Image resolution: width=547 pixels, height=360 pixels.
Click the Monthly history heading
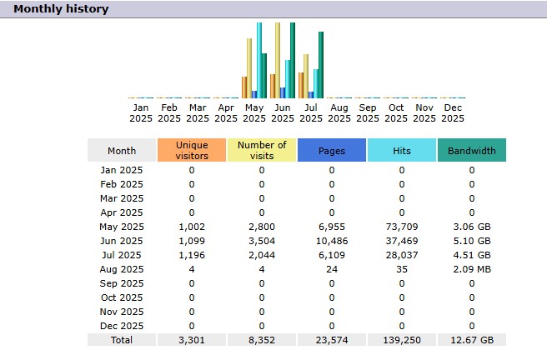pyautogui.click(x=60, y=9)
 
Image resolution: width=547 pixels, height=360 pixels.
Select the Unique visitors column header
pyautogui.click(x=192, y=150)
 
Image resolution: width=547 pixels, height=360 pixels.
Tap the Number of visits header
pyautogui.click(x=262, y=150)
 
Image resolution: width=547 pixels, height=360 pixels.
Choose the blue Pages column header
pyautogui.click(x=332, y=151)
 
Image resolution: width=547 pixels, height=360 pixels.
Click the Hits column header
pyautogui.click(x=401, y=151)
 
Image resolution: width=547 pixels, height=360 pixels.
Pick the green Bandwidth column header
pyautogui.click(x=472, y=151)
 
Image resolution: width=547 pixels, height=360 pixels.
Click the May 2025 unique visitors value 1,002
pyautogui.click(x=192, y=227)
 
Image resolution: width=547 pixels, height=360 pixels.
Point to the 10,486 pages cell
pyautogui.click(x=332, y=241)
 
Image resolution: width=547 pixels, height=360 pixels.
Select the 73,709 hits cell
pyautogui.click(x=401, y=227)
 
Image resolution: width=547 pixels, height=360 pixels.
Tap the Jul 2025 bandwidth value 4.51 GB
pyautogui.click(x=472, y=255)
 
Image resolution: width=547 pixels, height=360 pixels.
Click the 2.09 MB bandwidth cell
pyautogui.click(x=472, y=269)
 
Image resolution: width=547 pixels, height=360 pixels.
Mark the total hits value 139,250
pyautogui.click(x=401, y=339)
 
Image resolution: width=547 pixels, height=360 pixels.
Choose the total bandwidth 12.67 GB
pyautogui.click(x=472, y=339)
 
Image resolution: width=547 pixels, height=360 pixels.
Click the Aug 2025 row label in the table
pyautogui.click(x=122, y=269)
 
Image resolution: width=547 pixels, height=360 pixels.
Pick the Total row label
pyautogui.click(x=122, y=339)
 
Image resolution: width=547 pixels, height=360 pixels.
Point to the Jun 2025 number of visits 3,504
pyautogui.click(x=262, y=241)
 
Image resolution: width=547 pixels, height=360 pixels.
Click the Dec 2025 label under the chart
pyautogui.click(x=453, y=112)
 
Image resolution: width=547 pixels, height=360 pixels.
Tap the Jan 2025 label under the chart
pyautogui.click(x=141, y=112)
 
